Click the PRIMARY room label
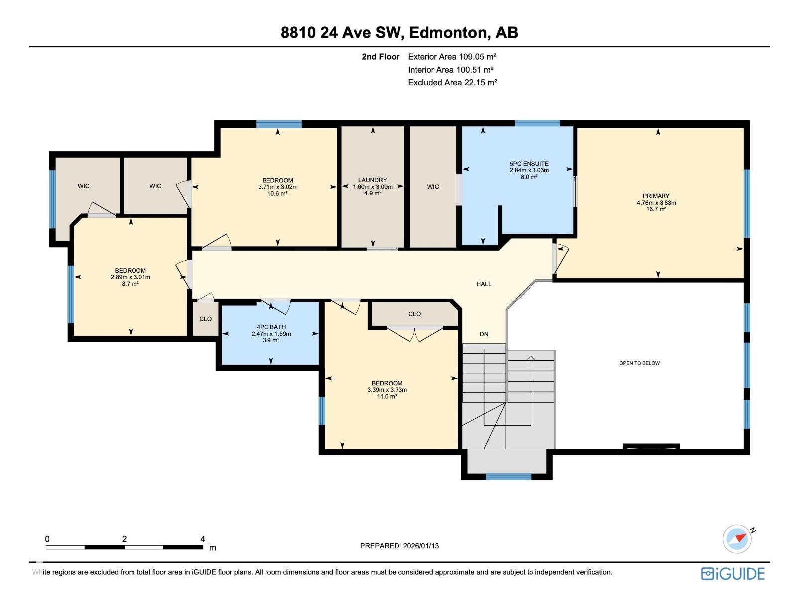(x=656, y=196)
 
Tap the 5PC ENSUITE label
(x=529, y=164)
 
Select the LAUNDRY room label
(x=372, y=180)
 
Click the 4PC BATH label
(x=271, y=327)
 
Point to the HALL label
(x=484, y=284)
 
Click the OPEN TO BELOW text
(x=639, y=363)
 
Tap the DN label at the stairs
(x=484, y=334)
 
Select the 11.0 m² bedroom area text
(x=387, y=397)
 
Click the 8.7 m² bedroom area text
(x=130, y=284)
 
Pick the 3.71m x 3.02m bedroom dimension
(x=277, y=187)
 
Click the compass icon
(x=737, y=539)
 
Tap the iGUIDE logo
(x=733, y=574)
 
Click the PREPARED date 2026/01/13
(x=399, y=546)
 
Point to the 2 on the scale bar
(x=124, y=539)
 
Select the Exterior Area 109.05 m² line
(x=452, y=57)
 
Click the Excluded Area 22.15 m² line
(x=452, y=83)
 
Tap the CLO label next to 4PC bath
(x=205, y=319)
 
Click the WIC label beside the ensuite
(x=433, y=187)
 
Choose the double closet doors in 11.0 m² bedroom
(x=415, y=334)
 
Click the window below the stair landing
(x=509, y=477)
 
